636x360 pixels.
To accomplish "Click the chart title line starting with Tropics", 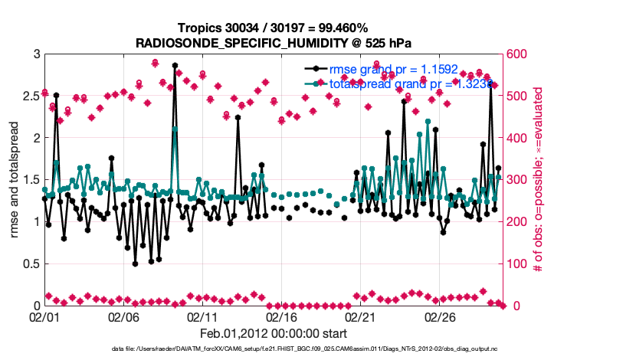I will (274, 28).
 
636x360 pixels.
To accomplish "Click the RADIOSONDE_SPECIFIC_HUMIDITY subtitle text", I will (274, 42).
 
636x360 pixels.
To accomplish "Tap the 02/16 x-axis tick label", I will (281, 316).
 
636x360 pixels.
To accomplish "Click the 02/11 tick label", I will (202, 316).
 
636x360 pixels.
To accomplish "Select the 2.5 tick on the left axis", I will (29, 97).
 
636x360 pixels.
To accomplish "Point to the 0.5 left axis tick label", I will (29, 264).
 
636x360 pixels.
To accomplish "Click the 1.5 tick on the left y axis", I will (29, 180).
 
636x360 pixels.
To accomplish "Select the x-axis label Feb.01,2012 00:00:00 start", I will (274, 333).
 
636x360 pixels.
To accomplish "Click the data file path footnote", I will (274, 349).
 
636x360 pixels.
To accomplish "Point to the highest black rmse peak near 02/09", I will (175, 66).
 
